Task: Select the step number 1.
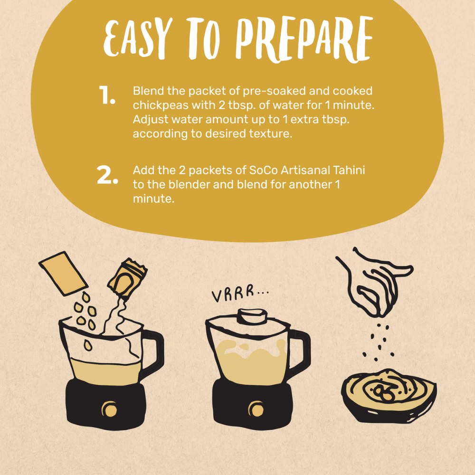107,96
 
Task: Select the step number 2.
107,176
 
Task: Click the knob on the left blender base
110,408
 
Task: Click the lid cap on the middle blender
252,316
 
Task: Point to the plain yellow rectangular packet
63,274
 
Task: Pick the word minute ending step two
153,199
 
